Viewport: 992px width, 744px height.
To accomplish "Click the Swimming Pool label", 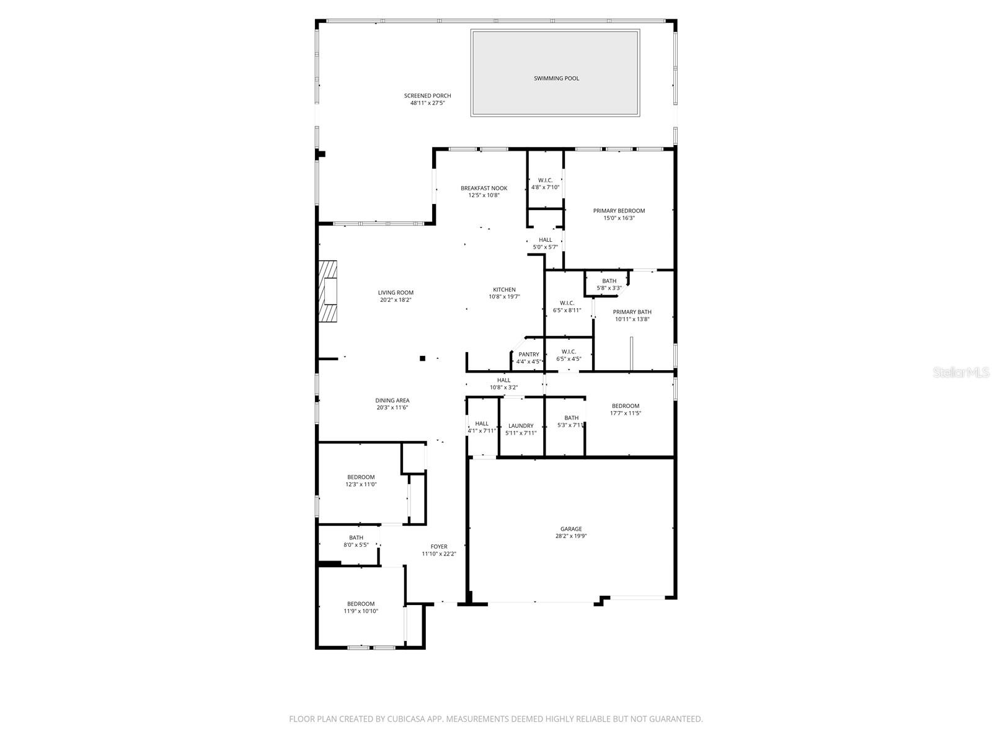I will click(556, 79).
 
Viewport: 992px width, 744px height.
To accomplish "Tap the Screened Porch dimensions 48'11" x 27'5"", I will click(427, 103).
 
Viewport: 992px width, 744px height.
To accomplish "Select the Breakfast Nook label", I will click(484, 188).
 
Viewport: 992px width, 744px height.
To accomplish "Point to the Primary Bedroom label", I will click(619, 211).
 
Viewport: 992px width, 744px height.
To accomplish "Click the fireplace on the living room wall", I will click(328, 291).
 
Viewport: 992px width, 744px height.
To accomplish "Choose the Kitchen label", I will click(504, 290).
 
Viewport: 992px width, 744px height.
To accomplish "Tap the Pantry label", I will click(529, 355).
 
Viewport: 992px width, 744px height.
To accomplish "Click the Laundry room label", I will click(520, 426).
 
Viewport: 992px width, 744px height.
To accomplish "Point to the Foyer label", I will click(439, 547).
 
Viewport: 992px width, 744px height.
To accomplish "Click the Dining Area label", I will click(392, 401).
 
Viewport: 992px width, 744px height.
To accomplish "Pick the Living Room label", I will click(396, 293).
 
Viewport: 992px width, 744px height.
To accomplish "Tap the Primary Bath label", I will click(632, 312).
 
